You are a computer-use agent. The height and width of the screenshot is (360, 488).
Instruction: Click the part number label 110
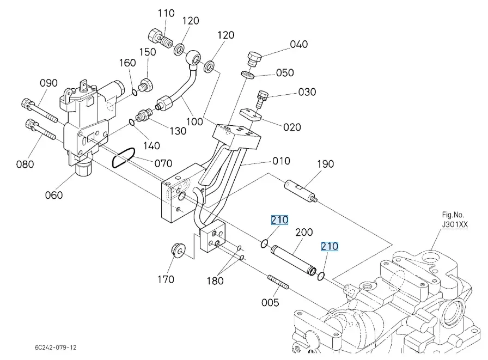tap(166, 13)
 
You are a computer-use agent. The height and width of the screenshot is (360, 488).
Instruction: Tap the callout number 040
tap(298, 44)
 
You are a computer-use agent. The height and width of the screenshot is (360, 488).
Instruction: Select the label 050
tap(285, 72)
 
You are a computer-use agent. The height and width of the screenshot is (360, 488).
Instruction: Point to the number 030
tap(307, 92)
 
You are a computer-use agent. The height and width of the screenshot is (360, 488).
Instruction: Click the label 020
tap(292, 127)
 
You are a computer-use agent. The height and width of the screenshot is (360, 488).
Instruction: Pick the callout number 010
tap(281, 161)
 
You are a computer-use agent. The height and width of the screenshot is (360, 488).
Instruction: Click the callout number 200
tap(304, 233)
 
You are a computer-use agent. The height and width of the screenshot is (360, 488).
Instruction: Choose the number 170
tap(166, 279)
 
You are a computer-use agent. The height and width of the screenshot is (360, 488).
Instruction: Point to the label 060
tap(54, 196)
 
